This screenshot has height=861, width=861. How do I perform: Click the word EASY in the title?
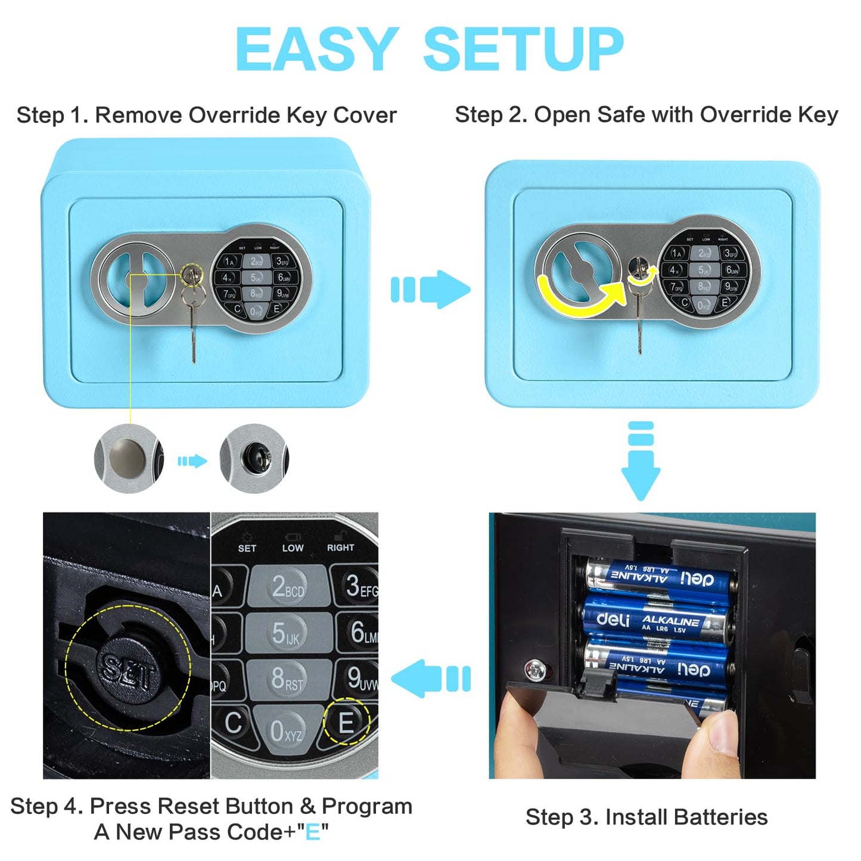tap(317, 50)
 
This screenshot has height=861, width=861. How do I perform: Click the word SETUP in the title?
tap(523, 50)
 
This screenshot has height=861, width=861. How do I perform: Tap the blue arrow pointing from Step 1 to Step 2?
tap(430, 290)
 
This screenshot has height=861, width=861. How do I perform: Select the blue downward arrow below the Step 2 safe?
tap(641, 462)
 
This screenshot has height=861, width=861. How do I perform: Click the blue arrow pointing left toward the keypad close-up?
tap(430, 678)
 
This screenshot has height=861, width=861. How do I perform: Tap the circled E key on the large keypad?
tap(346, 722)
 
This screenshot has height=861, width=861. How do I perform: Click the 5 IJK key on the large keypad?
tap(286, 633)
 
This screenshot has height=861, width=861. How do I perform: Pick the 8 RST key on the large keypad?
tap(287, 679)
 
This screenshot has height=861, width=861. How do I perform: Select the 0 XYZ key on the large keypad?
tap(285, 730)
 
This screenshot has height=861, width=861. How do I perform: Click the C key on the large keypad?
tap(233, 723)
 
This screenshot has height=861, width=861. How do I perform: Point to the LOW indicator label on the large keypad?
tap(293, 547)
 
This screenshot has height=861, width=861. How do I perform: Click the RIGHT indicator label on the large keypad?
tap(340, 547)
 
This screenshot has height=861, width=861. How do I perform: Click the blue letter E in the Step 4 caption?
tap(312, 832)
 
